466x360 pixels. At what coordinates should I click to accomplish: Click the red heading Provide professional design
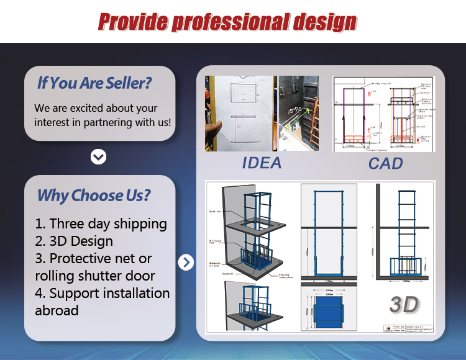[227, 22]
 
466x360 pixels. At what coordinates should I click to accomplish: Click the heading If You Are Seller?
[94, 82]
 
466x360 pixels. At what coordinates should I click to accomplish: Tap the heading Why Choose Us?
[94, 196]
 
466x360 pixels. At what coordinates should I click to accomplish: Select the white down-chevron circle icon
[98, 156]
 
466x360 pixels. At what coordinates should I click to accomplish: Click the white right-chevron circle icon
[186, 263]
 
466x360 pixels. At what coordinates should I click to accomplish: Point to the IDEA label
[262, 163]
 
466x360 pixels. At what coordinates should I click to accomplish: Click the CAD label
[385, 163]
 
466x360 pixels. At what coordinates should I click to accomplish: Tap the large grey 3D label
[404, 305]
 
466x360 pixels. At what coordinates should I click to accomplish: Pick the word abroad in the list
[57, 310]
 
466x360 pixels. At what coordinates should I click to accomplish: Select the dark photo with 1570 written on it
[299, 113]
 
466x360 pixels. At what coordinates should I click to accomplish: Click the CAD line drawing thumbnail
[383, 115]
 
